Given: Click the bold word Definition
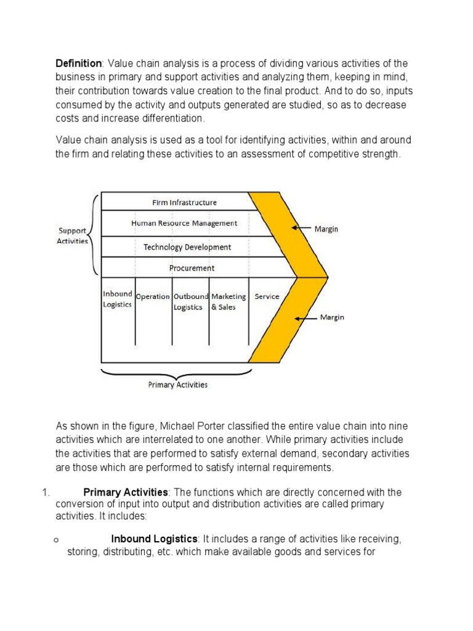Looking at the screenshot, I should (x=79, y=63).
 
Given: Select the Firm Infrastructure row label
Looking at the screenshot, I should (x=184, y=202).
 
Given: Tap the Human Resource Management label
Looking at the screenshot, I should (x=184, y=223).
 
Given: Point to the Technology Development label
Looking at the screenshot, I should (x=187, y=247).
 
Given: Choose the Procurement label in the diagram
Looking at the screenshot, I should (x=192, y=268).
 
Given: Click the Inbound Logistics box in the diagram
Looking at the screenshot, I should (x=117, y=299).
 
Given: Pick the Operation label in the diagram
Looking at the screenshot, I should (x=153, y=296).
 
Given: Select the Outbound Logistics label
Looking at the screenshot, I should (x=190, y=301).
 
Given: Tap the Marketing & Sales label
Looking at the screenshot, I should (x=228, y=301).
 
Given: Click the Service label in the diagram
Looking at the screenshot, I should (x=267, y=296).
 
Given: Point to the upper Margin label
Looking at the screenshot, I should (x=326, y=229).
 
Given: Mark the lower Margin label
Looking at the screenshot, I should (x=332, y=318).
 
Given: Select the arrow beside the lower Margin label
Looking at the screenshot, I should (x=305, y=318).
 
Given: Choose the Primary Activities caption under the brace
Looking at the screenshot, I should (x=178, y=385).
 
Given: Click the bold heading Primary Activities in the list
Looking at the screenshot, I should (x=126, y=492).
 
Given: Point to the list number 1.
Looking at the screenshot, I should (x=44, y=492).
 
